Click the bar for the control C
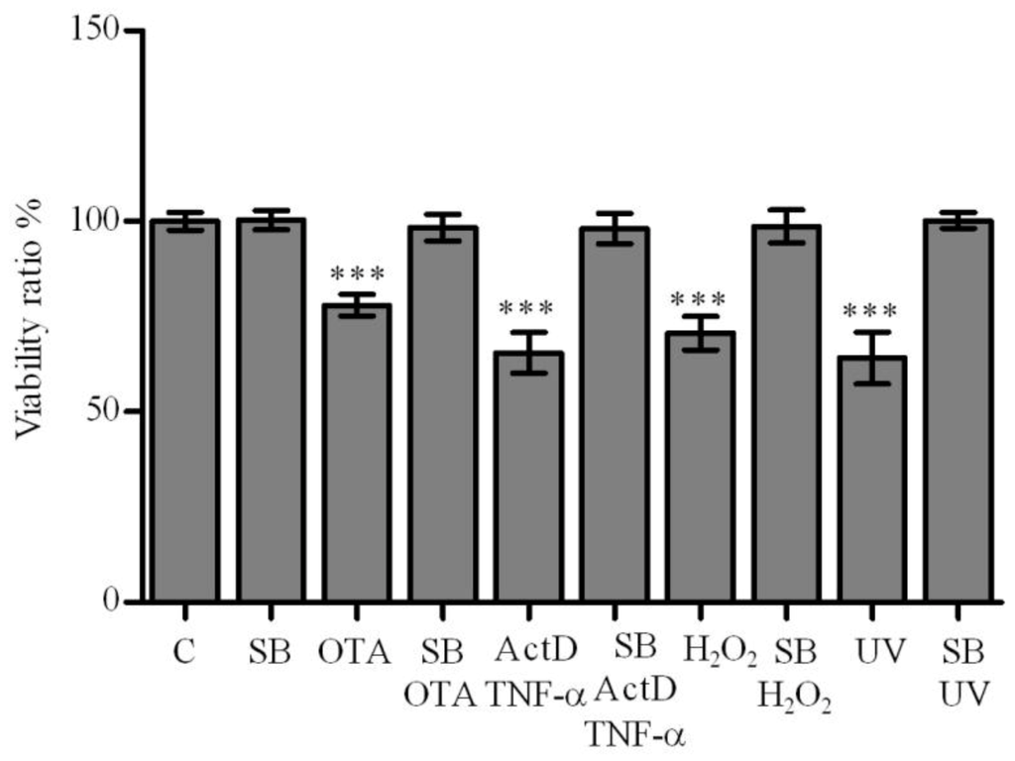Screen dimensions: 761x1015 185,410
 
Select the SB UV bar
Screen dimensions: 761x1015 959,410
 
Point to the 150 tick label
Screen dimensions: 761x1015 98,31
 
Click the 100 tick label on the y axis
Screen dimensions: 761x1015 98,221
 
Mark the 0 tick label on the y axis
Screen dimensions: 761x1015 115,601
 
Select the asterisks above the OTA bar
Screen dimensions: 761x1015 357,272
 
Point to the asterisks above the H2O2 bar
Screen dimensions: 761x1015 701,297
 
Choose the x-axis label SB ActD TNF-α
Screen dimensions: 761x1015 615,692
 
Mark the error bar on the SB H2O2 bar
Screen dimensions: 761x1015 787,226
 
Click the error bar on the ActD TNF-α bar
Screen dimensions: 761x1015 529,352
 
